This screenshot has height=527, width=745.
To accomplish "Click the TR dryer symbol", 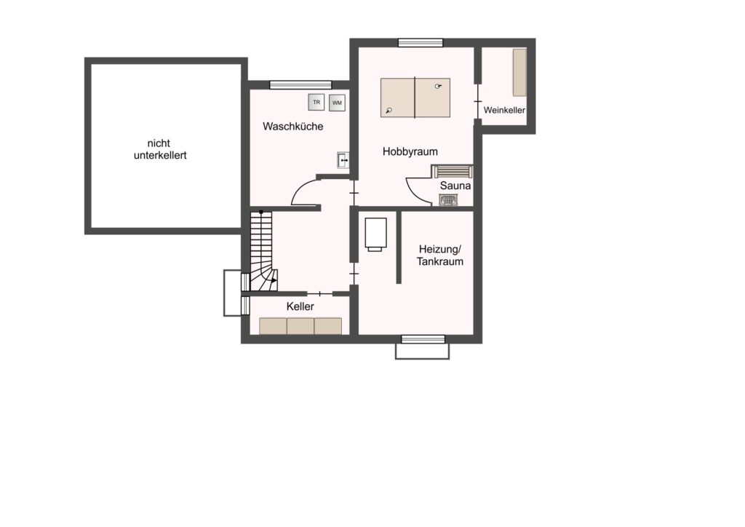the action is (x=316, y=102).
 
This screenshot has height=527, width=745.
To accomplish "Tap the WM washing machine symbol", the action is (x=337, y=103).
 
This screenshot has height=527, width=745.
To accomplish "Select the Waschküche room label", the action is (x=292, y=127).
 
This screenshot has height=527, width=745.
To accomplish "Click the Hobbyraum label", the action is (x=410, y=151).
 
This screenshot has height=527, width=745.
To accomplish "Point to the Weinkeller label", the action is (x=504, y=110).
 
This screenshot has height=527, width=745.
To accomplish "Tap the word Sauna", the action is (x=455, y=186).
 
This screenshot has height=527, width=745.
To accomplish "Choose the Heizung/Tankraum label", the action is (x=440, y=255).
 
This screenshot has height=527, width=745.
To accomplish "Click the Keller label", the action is (x=300, y=306).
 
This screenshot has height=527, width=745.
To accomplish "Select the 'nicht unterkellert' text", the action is (x=160, y=149).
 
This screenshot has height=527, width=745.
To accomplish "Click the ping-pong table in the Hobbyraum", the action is (x=415, y=98).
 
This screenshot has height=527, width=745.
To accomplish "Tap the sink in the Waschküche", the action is (x=343, y=160).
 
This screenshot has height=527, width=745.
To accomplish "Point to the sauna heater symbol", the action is (x=448, y=200).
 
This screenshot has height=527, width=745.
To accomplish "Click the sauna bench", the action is (x=453, y=171).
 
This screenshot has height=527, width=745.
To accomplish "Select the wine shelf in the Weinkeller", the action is (x=519, y=72).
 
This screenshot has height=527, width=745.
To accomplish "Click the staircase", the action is (x=263, y=251).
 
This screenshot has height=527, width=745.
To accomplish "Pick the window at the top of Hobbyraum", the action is (x=421, y=43).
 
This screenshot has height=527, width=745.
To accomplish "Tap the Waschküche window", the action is (x=300, y=85).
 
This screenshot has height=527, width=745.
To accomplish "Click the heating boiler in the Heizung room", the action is (x=375, y=234).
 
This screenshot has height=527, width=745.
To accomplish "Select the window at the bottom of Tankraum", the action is (x=423, y=339).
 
